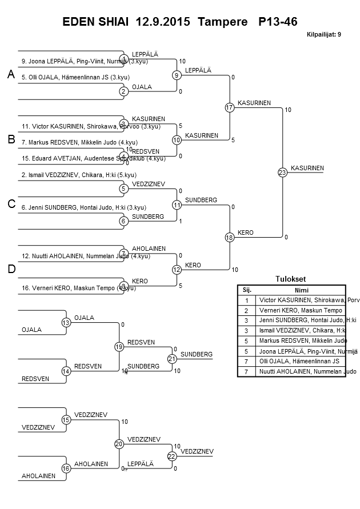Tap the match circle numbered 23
coord(282,173)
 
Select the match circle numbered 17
coord(230,107)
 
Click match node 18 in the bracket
coord(230,237)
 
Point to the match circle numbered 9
coord(177,75)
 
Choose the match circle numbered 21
coord(172,359)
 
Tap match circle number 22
coord(172,456)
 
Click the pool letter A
coord(10,75)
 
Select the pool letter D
coord(11,269)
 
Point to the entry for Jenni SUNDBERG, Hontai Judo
coord(83,207)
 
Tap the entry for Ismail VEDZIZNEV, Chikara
coord(79,175)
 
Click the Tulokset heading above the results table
coord(291,279)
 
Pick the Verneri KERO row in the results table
coord(292,310)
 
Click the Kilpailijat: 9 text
coord(323,34)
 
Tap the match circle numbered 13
coord(66,323)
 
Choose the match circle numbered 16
coord(66,468)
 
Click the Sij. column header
coord(247,289)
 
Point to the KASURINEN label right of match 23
coord(307,168)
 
